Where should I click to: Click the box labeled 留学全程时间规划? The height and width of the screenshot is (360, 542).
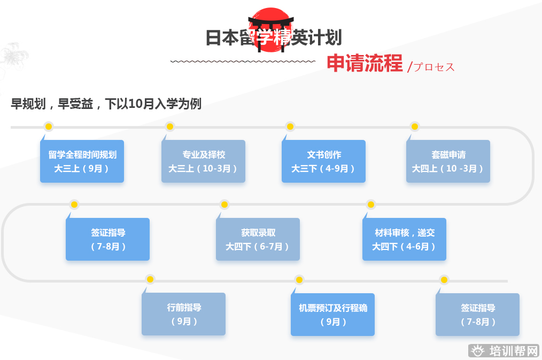[82, 161]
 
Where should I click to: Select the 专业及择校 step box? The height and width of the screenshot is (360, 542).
[203, 161]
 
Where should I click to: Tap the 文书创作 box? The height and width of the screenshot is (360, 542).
[323, 161]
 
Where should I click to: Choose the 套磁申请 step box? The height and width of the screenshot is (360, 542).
[448, 161]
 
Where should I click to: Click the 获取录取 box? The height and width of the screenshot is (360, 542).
[258, 239]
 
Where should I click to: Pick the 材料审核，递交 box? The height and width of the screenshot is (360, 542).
[404, 239]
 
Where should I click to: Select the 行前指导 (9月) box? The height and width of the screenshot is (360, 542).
[183, 314]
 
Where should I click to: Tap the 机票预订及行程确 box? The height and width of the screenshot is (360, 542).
[332, 315]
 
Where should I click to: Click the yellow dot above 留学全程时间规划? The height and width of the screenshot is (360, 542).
[49, 127]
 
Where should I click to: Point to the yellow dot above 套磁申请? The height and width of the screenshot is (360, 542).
[414, 127]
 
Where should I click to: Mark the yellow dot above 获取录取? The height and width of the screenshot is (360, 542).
[224, 205]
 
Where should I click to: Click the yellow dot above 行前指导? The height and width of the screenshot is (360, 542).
[150, 279]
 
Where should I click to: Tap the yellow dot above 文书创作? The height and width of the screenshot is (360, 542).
[290, 127]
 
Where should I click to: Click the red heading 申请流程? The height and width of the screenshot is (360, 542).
[365, 63]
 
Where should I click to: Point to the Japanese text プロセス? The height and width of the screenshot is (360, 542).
[434, 67]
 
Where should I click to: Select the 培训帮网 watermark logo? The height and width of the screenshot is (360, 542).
[505, 351]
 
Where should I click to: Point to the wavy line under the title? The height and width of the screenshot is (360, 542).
[243, 61]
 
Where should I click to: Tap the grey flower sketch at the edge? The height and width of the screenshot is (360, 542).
[13, 55]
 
